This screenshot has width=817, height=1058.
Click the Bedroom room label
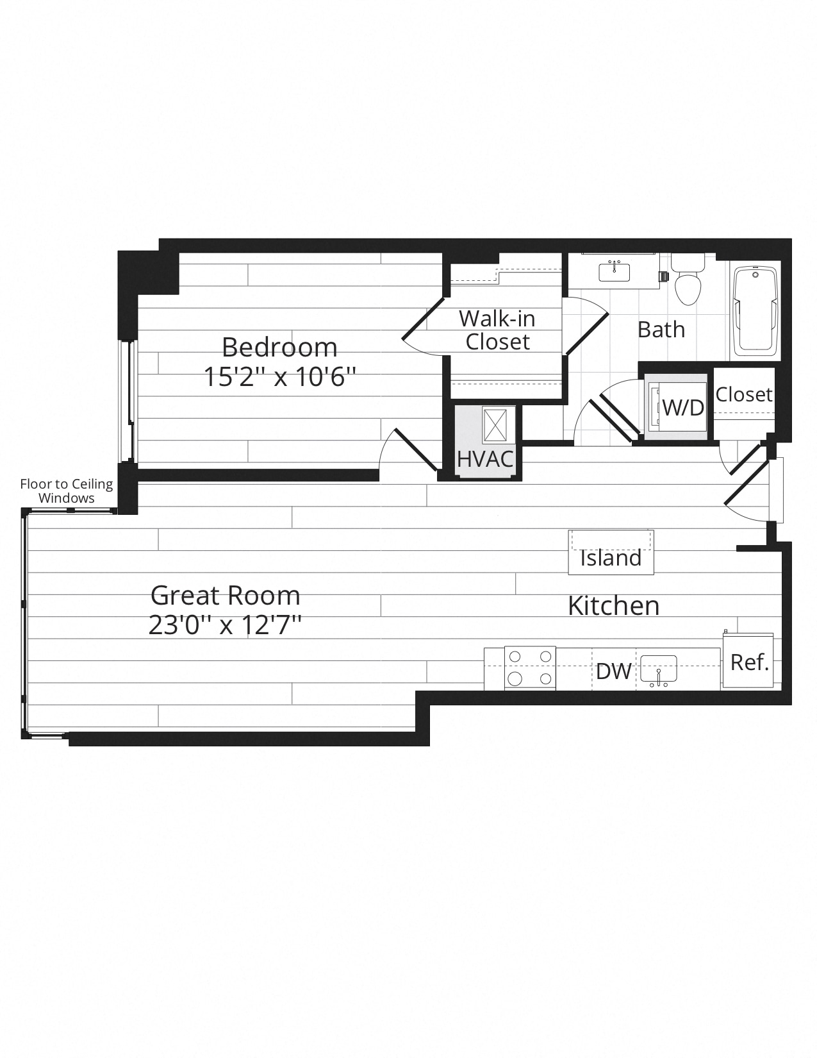279,347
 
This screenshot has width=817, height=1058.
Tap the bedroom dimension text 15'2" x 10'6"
280,377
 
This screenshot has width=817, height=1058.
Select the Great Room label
226,595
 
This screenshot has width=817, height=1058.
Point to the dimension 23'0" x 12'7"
225,625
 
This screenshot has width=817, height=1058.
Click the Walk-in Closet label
497,330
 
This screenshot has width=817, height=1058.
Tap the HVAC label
485,458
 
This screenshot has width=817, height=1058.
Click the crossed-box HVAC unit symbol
495,425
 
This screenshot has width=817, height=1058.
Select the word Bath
661,330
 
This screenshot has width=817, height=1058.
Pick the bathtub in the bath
755,310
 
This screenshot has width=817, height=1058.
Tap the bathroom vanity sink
614,272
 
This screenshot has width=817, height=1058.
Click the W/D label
683,408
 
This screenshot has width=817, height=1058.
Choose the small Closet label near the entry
744,394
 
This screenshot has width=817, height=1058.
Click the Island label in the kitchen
611,558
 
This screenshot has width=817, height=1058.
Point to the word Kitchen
614,606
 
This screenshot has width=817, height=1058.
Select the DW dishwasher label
614,672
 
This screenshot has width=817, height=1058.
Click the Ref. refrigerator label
749,662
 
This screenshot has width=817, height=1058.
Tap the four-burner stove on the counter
530,668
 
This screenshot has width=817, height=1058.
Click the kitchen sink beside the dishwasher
658,669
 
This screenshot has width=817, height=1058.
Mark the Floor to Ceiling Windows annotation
67,491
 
